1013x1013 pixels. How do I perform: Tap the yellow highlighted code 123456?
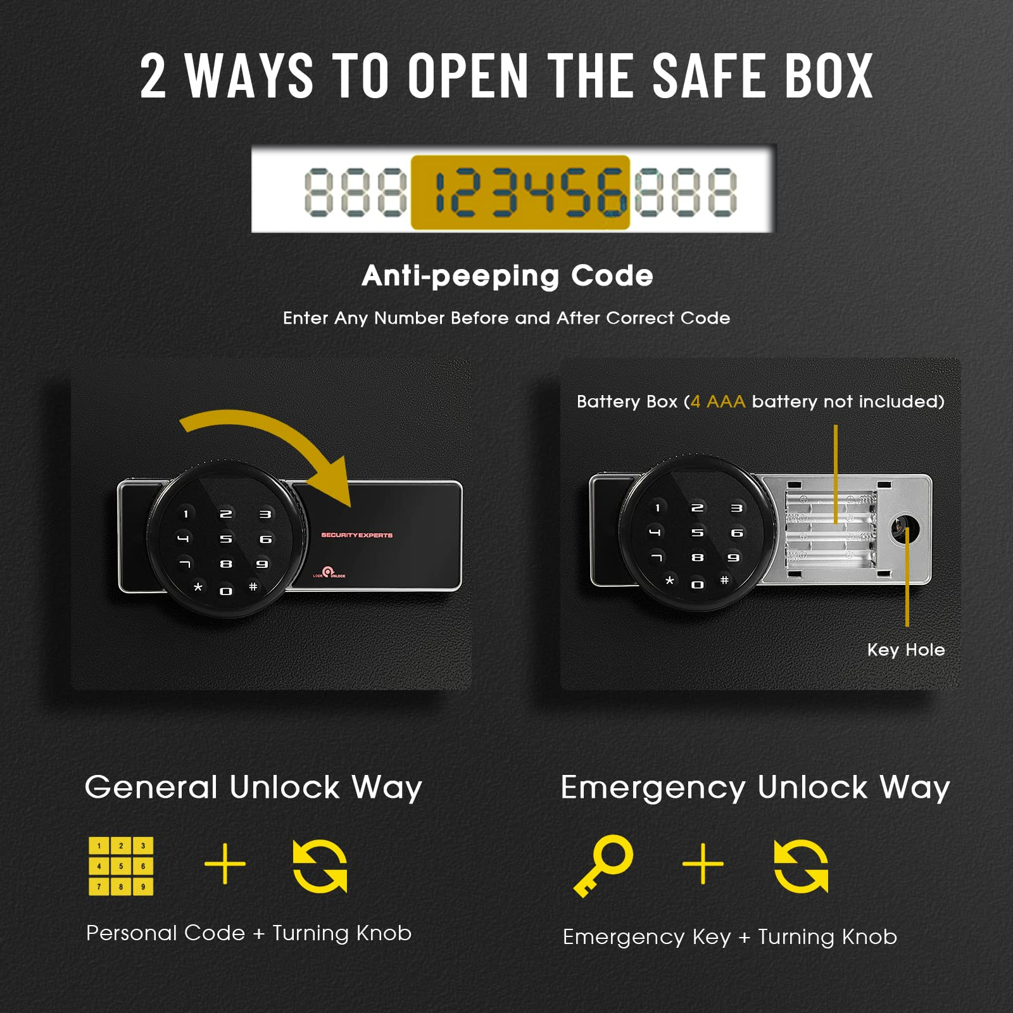520,192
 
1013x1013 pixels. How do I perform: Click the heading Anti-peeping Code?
507,276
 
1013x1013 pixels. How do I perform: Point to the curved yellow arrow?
272,443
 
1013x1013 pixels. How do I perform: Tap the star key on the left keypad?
198,587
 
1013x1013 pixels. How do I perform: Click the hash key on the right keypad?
724,580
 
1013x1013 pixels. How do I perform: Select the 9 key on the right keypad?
733,558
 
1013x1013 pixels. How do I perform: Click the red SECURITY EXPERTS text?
356,535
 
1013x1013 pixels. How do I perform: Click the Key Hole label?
906,650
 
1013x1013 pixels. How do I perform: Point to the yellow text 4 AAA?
718,401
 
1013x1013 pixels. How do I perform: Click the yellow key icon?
604,864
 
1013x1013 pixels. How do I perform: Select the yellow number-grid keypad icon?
121,865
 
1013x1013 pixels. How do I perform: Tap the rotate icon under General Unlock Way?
320,865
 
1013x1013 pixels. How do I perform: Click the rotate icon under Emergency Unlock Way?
801,865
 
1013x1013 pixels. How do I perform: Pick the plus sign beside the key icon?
703,863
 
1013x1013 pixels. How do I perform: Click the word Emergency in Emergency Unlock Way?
653,788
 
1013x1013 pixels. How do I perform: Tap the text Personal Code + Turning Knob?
249,933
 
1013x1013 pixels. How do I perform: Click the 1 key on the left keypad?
186,514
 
